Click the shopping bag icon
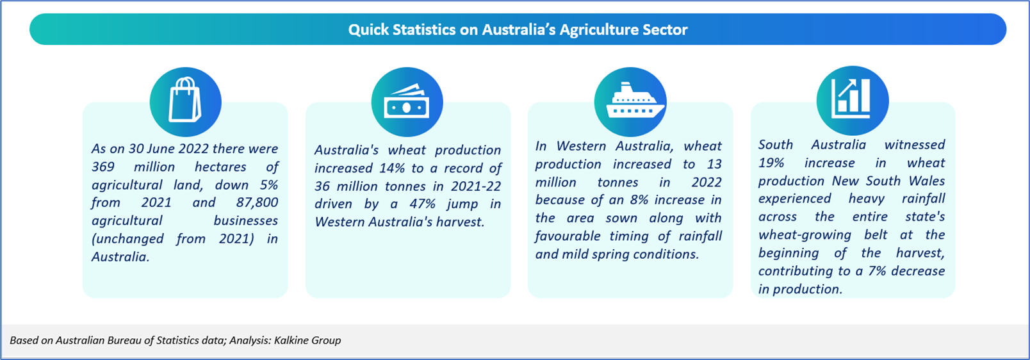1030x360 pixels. [x=185, y=100]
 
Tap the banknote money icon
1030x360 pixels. [x=407, y=101]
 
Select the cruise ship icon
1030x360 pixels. [x=635, y=101]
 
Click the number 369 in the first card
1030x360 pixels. [x=103, y=167]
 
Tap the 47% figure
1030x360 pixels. [x=422, y=204]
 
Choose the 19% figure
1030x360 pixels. [x=772, y=163]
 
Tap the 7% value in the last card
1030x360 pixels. [x=877, y=271]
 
